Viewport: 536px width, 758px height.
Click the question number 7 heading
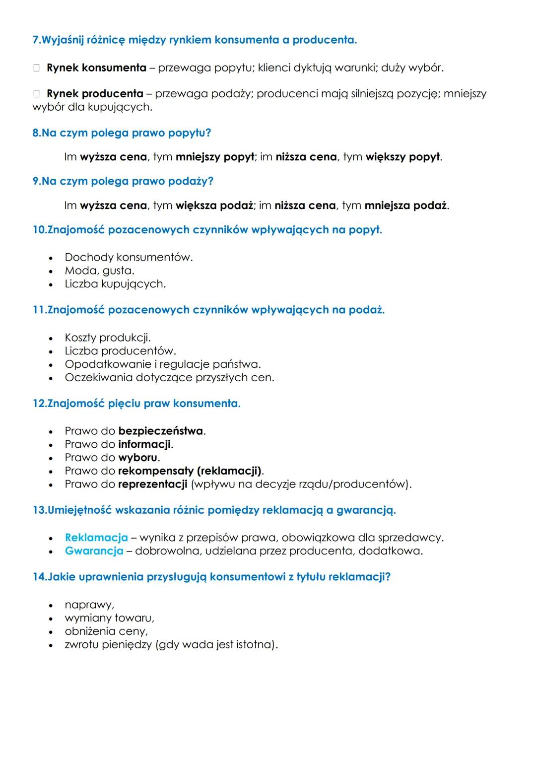[195, 40]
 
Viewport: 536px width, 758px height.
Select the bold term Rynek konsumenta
[96, 68]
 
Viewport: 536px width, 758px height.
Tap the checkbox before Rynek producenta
[36, 94]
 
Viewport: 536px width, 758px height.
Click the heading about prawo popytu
[122, 133]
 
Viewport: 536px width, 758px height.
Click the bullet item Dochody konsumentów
[129, 257]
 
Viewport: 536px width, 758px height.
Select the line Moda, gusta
[99, 271]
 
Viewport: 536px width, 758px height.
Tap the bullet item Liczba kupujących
[115, 284]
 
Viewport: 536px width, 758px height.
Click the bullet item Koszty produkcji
[107, 338]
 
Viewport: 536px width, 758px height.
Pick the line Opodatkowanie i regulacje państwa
[163, 364]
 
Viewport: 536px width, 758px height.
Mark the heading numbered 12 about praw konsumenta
[136, 404]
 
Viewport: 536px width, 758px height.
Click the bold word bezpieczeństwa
[161, 431]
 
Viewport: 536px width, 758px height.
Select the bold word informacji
[144, 444]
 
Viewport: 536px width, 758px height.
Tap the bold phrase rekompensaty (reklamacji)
[190, 471]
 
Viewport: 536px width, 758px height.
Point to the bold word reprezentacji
[153, 484]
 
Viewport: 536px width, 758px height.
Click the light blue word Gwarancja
[94, 551]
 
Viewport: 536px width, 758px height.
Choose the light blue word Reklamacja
[96, 538]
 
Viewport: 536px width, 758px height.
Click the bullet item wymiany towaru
[109, 618]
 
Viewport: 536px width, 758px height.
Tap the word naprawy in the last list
[89, 605]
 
